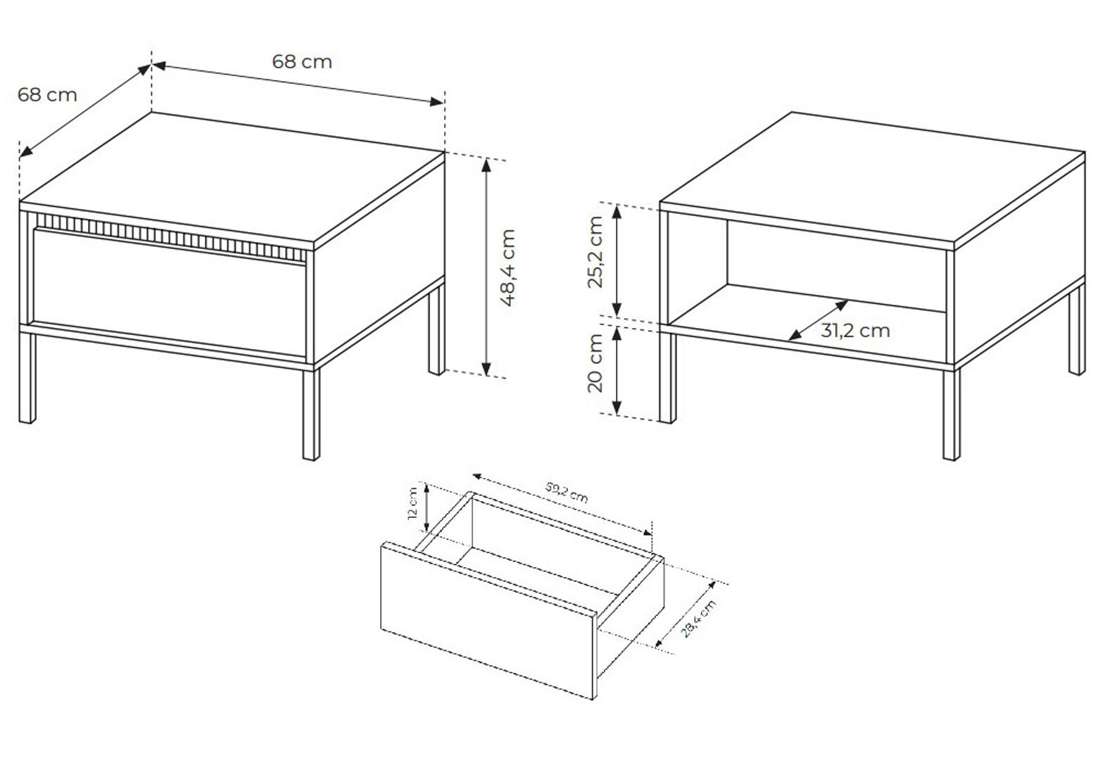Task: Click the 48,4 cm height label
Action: pos(508,267)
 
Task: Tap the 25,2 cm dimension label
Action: pos(595,252)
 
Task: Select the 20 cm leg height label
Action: pos(595,363)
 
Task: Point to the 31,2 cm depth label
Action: pos(855,331)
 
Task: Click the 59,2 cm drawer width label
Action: pos(567,492)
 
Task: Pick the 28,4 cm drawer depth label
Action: pos(698,619)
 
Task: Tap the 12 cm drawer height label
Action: pos(412,503)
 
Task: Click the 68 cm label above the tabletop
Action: pos(302,62)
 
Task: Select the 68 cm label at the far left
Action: pos(47,95)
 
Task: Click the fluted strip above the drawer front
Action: pos(171,237)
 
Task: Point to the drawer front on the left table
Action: pos(170,292)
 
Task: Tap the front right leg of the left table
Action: pos(311,414)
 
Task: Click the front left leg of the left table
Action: pos(27,377)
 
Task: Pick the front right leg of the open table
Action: pos(952,414)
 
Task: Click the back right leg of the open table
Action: pos(1077,329)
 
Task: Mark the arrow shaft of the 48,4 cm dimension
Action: pos(486,267)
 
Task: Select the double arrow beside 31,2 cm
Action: pos(818,320)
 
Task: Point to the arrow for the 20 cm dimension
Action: pos(617,371)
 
